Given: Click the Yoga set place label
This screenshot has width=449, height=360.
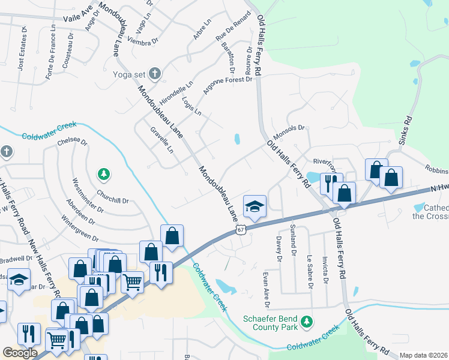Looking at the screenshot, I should [x=129, y=74].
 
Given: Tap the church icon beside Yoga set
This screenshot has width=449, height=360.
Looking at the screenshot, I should [x=154, y=74].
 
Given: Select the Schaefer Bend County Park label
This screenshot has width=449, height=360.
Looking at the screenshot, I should [x=270, y=323].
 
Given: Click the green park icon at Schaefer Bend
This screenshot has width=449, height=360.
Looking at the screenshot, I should [x=307, y=322].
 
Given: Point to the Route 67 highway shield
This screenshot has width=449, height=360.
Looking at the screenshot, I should [x=241, y=230].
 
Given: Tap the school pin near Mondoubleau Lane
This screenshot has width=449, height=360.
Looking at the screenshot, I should [x=255, y=207].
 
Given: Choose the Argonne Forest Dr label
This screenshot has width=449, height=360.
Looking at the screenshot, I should [x=227, y=86].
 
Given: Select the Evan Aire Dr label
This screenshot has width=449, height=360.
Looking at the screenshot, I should [x=265, y=286].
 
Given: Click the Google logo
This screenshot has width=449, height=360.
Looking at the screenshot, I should [x=20, y=353].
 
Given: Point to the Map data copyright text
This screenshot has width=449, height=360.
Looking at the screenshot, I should [x=423, y=355].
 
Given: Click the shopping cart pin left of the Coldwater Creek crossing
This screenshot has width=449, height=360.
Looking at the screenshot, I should [x=132, y=280].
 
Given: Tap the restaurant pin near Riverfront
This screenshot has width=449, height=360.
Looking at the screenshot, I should [x=331, y=183].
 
